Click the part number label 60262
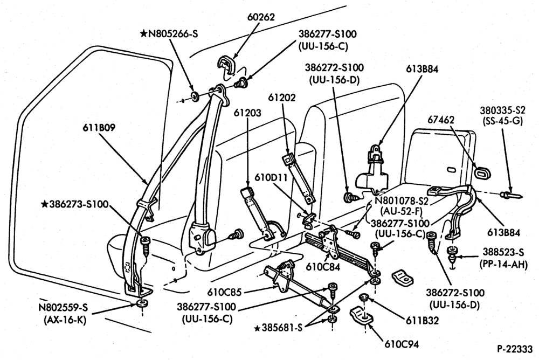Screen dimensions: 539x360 (x=261, y=17)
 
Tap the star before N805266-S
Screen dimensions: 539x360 (x=144, y=33)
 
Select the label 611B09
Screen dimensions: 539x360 (x=99, y=128)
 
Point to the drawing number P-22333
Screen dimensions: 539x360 (x=515, y=349)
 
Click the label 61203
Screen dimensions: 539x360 (x=247, y=113)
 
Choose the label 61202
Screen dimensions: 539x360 (x=282, y=98)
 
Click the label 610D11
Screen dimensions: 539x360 (x=272, y=177)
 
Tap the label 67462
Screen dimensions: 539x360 (x=441, y=120)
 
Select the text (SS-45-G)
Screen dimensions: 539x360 (x=502, y=121)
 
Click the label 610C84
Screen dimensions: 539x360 (x=323, y=266)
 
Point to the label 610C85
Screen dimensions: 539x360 (x=224, y=292)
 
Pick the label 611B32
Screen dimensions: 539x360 (x=423, y=321)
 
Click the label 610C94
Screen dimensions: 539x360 (x=402, y=344)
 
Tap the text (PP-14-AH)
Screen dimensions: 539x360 (x=503, y=264)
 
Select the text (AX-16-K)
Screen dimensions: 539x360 (x=65, y=320)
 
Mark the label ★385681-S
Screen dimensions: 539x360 (x=279, y=328)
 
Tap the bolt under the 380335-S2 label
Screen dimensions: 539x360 (x=512, y=196)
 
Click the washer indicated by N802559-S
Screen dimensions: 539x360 (x=141, y=303)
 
